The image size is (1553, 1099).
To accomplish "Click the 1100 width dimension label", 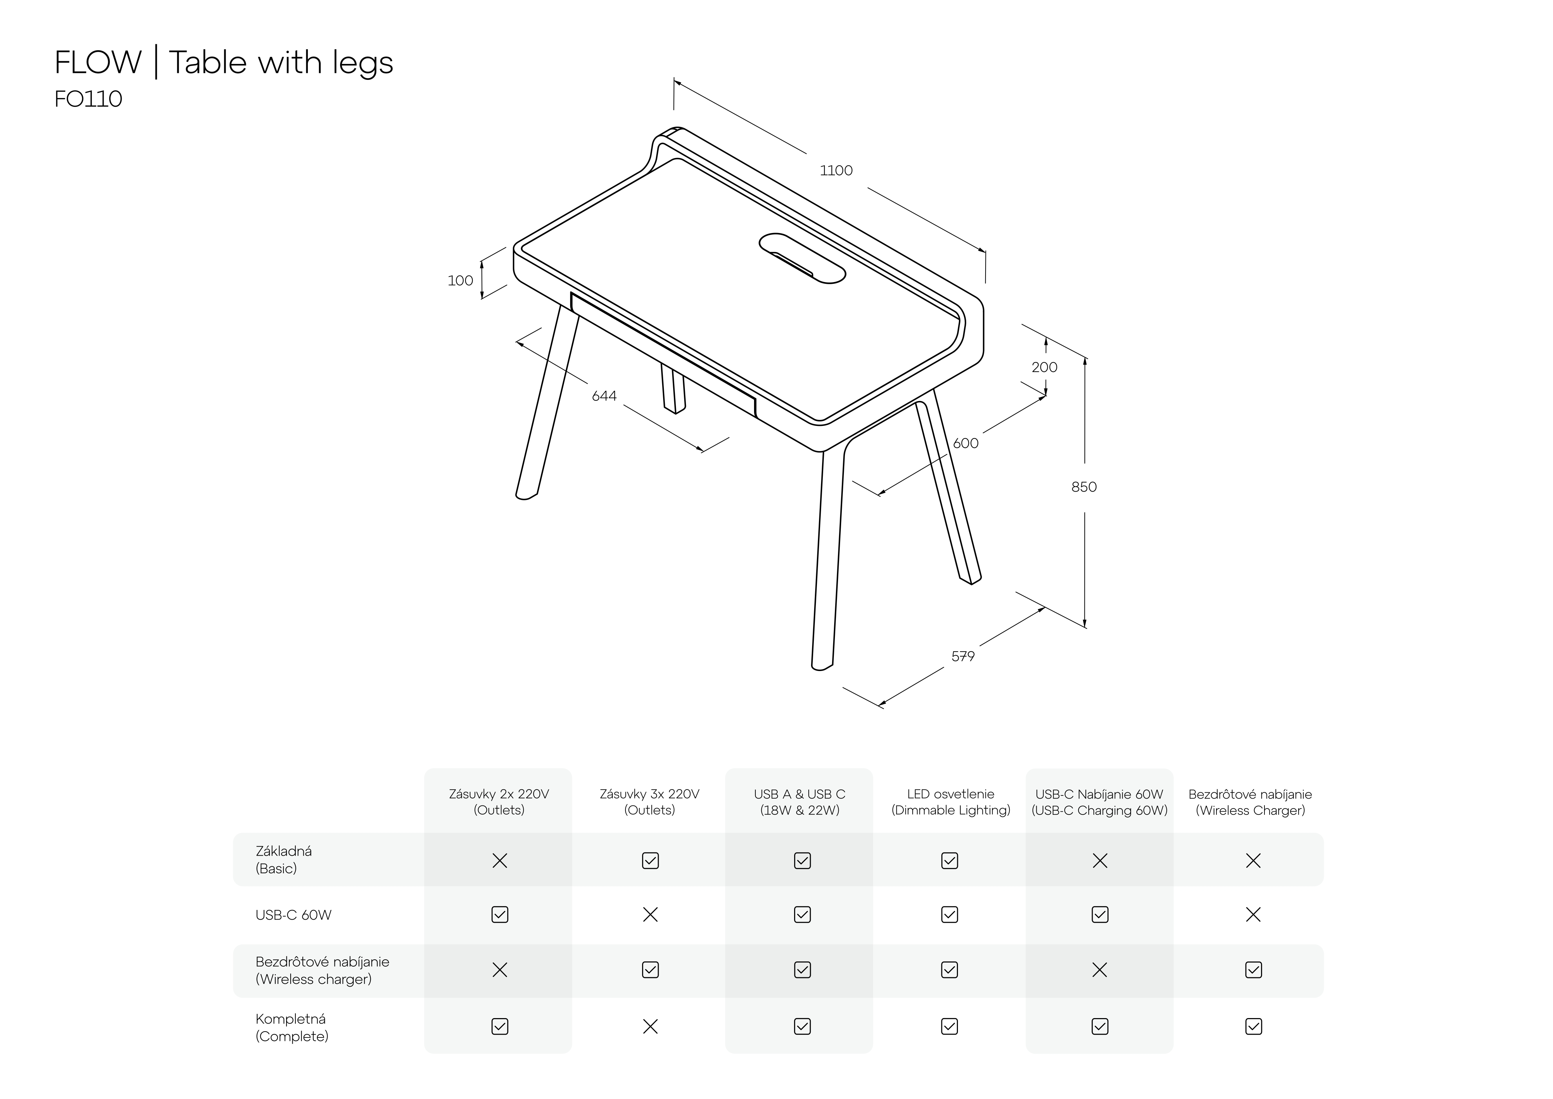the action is pos(836,170).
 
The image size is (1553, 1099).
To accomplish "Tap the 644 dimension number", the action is pos(604,396).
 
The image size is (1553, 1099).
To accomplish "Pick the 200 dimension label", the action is pos(1044,367).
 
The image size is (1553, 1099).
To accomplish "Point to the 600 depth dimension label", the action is pos(966,443).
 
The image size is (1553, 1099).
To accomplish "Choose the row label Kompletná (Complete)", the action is pos(292,1027).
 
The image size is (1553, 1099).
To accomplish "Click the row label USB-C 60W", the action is pos(293,915).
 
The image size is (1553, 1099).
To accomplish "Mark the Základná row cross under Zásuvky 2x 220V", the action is pos(500,861).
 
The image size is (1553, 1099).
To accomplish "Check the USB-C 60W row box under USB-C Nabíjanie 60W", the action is pos(1100,915).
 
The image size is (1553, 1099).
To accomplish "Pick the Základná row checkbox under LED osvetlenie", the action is pos(950,861).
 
